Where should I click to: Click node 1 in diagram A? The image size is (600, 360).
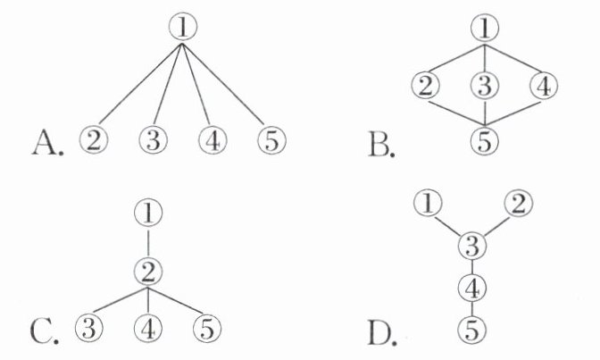tap(182, 29)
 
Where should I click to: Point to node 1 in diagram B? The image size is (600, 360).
tap(485, 29)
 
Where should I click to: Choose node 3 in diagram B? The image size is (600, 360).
tap(484, 88)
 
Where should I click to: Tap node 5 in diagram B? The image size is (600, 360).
tap(485, 141)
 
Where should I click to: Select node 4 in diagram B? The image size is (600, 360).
tap(542, 88)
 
